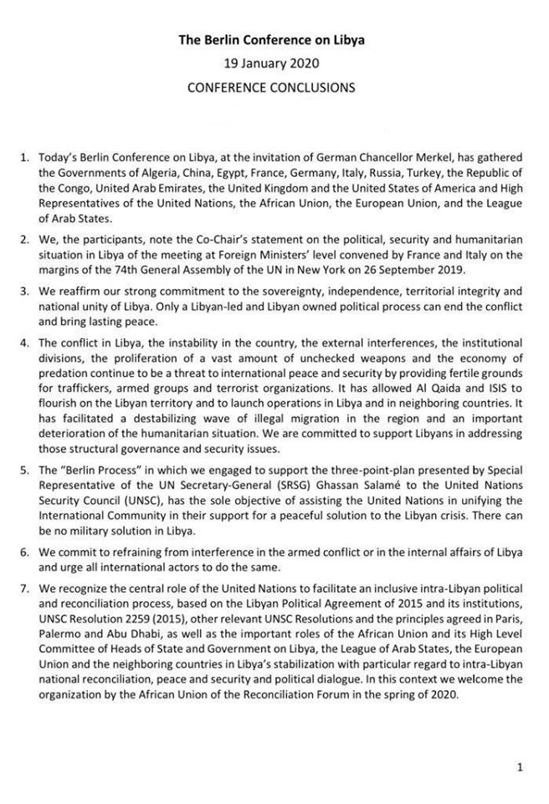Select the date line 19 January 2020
(x=274, y=63)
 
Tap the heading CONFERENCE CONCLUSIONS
(x=274, y=86)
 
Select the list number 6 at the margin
(x=24, y=555)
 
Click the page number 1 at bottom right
(x=521, y=767)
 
